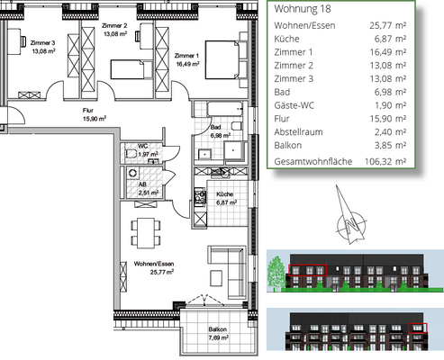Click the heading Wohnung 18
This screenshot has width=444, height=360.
click(303, 9)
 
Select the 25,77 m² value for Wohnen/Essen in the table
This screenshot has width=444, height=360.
click(387, 25)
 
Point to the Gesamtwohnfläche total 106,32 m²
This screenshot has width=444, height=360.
click(385, 161)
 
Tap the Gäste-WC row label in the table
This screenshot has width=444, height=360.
click(294, 105)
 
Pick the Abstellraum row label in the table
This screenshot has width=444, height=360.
click(298, 132)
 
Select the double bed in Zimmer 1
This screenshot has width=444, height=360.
click(222, 60)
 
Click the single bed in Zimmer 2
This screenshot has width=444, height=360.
click(127, 69)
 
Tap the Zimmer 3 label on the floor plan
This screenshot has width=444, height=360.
click(43, 47)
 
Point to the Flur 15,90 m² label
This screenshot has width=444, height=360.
click(95, 114)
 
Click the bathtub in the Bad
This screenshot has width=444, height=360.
click(225, 109)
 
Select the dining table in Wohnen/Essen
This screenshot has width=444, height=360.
click(146, 233)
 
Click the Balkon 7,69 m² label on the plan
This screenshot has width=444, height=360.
click(218, 334)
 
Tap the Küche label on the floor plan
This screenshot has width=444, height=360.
click(226, 198)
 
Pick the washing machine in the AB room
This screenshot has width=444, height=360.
click(132, 173)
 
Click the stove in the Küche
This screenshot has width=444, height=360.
click(200, 197)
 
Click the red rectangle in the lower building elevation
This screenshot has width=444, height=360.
click(418, 328)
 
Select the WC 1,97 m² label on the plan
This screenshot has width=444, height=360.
click(148, 150)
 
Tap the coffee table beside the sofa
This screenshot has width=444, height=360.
click(216, 278)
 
